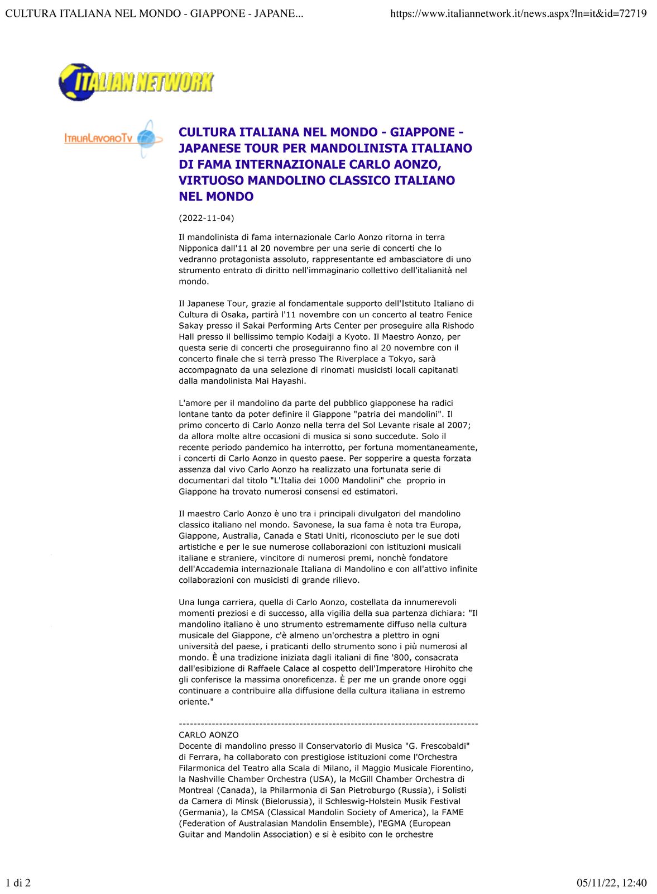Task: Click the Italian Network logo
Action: tap(136, 82)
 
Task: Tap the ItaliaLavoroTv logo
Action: tap(113, 138)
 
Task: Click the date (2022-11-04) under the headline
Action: tap(206, 218)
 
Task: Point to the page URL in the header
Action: tap(518, 13)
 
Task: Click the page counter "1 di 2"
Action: tap(18, 883)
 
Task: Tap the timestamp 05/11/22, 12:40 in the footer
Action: tap(612, 883)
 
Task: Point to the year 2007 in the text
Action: tap(460, 425)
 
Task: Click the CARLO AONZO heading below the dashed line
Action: tap(208, 735)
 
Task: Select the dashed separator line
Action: tap(328, 724)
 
